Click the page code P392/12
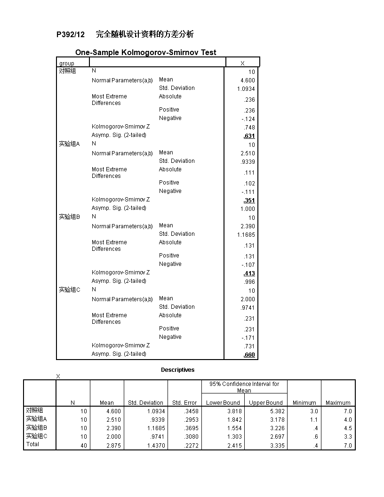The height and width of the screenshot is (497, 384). pos(71,34)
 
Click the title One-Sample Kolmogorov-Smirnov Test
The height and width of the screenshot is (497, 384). pos(146,53)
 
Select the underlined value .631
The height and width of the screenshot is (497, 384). pos(249,136)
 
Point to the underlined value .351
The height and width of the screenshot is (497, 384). pos(249,200)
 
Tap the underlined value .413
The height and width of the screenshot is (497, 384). pos(249,273)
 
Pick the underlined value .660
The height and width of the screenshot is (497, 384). pos(249,355)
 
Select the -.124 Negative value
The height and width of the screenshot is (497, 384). pos(248,119)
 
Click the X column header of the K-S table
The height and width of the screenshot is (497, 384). pos(242,64)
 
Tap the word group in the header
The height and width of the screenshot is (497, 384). pos(67,64)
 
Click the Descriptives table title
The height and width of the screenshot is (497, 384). pos(177,370)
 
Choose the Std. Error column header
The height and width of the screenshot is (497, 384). pos(184,403)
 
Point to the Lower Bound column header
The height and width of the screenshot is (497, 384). pos(223,403)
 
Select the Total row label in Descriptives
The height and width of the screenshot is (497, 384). pos(32,444)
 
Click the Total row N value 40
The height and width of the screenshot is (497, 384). pos(83,446)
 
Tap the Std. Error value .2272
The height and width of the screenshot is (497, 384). pos(190,446)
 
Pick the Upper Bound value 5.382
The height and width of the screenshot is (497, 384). pos(277,411)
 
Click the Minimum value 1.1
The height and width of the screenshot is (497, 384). pos(314,420)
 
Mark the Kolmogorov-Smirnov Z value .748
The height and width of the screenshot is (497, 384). pos(249,128)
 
